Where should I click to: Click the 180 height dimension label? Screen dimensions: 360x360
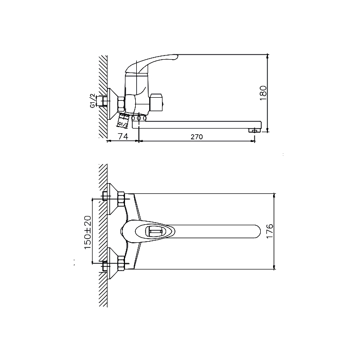pyautogui.click(x=263, y=93)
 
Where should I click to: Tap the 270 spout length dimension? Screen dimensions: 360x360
pyautogui.click(x=197, y=137)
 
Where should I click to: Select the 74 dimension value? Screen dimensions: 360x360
pyautogui.click(x=123, y=136)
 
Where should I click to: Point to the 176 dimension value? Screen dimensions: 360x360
pyautogui.click(x=270, y=231)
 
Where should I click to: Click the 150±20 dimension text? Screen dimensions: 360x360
pyautogui.click(x=88, y=232)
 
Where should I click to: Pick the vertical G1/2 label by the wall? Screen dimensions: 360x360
pyautogui.click(x=92, y=101)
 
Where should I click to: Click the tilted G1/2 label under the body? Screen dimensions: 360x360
pyautogui.click(x=123, y=124)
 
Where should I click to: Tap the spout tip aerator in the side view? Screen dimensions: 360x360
pyautogui.click(x=254, y=131)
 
